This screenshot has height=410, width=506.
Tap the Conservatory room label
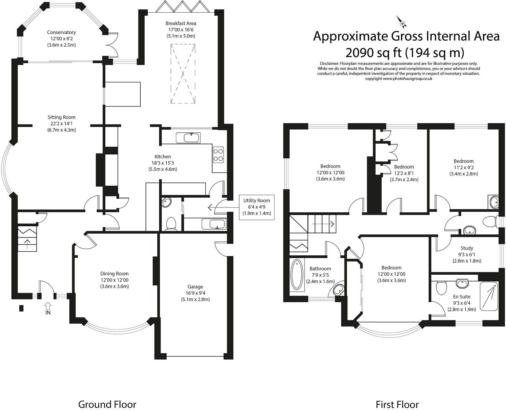(61, 32)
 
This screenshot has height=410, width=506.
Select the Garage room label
(195, 287)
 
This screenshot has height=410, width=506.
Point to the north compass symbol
(401, 21)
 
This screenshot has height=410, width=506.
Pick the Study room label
(467, 248)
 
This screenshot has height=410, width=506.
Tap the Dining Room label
(115, 274)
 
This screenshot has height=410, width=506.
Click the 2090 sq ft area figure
(373, 53)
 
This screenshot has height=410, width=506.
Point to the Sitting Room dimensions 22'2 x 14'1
(61, 124)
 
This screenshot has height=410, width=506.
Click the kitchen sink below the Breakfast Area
(188, 138)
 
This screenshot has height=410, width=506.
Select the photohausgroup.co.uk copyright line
(399, 79)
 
